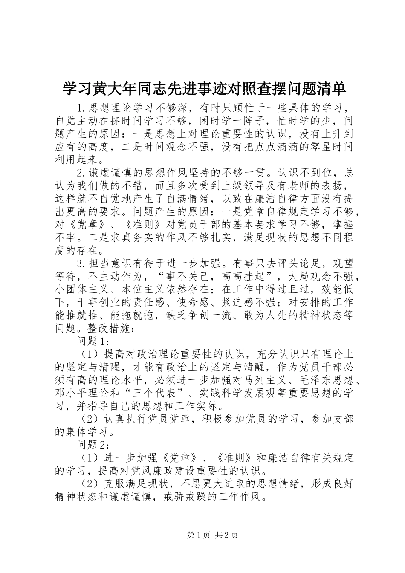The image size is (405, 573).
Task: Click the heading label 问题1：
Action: click(x=94, y=341)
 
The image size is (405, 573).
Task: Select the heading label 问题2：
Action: click(x=94, y=445)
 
